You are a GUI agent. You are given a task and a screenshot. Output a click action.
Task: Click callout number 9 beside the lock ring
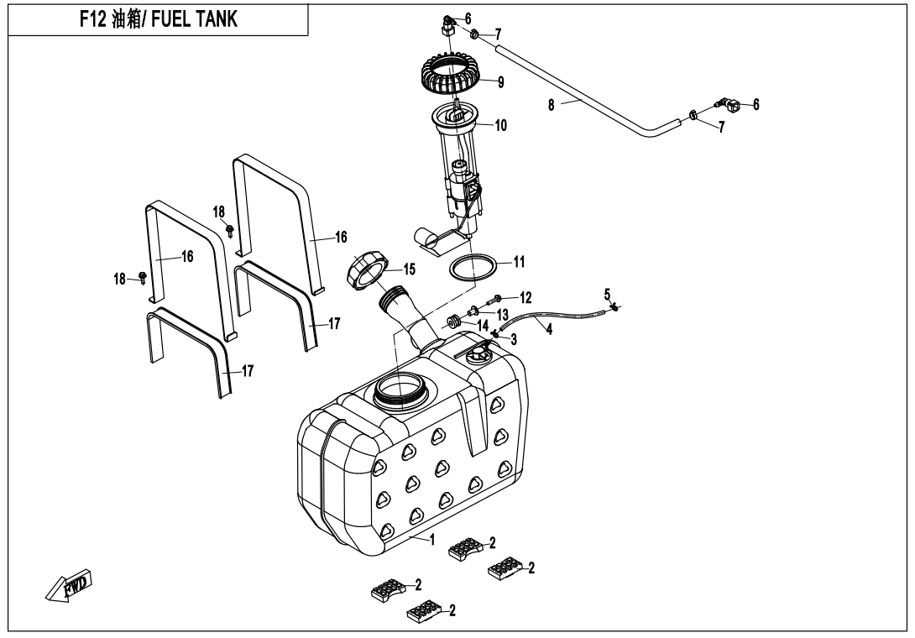500,82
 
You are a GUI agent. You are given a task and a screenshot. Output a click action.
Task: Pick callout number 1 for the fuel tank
433,539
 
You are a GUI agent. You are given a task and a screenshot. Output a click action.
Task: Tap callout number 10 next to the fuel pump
501,125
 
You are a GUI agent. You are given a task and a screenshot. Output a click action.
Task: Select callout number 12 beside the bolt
525,296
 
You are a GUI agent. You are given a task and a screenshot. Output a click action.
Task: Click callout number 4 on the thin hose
548,330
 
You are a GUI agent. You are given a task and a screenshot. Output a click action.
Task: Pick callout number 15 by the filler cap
410,269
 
